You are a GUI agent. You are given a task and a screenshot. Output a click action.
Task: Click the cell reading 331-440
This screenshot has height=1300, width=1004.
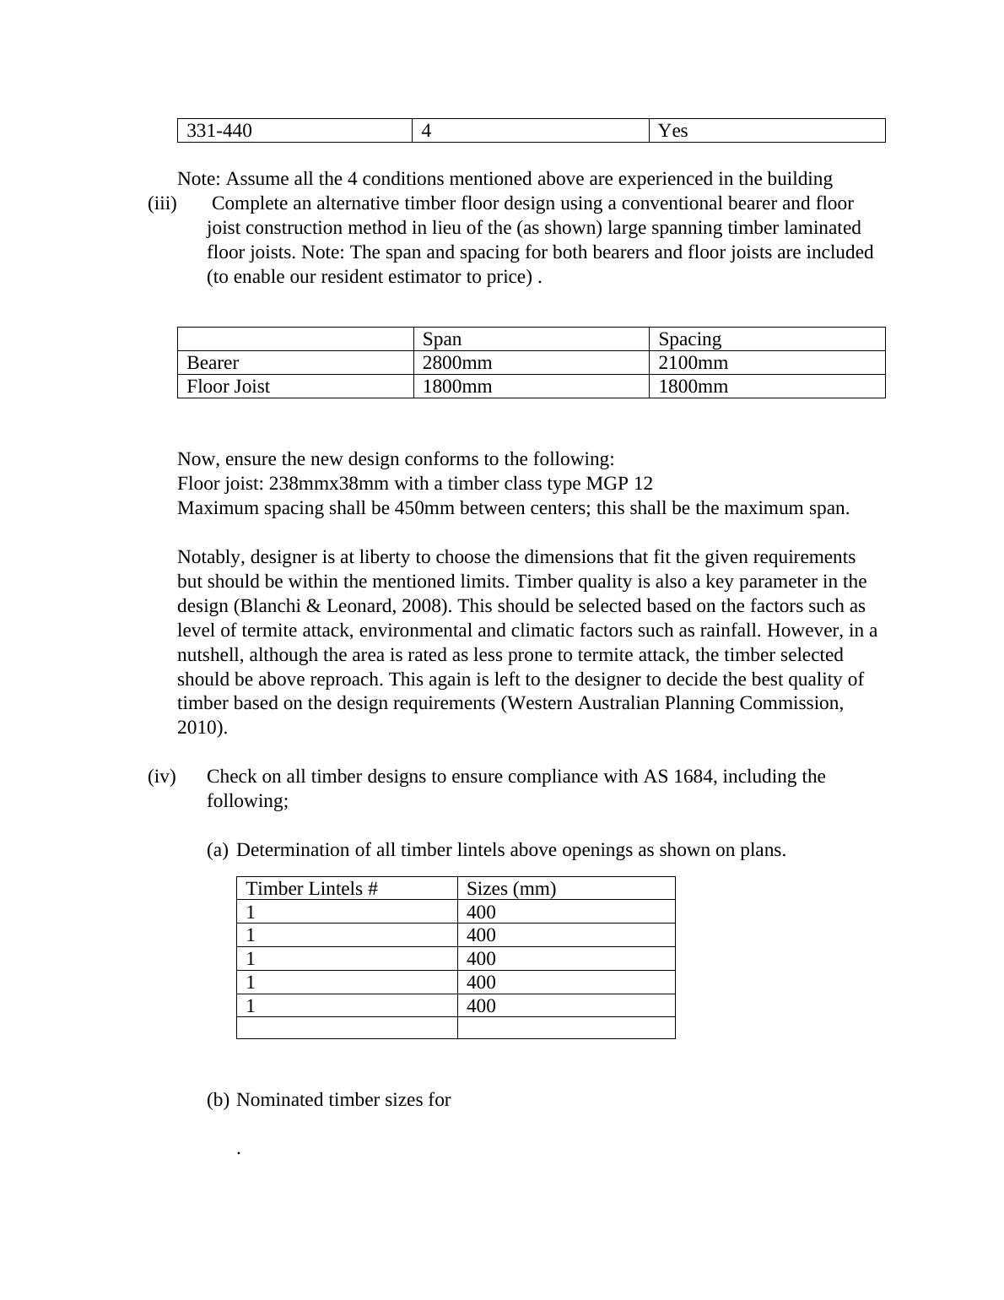[x=219, y=131]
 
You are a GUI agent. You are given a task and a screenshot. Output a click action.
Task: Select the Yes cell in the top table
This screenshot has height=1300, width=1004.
[x=673, y=131]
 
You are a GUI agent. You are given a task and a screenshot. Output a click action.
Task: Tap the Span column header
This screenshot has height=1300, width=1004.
[x=442, y=339]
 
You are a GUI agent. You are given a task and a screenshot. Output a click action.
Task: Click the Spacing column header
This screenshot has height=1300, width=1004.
[x=689, y=339]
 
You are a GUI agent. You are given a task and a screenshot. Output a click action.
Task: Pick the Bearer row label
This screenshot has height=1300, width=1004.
[x=213, y=363]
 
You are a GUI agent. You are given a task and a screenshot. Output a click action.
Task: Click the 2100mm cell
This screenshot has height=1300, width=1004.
[x=693, y=363]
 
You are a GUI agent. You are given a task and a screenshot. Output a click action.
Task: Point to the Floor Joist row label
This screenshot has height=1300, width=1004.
[x=228, y=387]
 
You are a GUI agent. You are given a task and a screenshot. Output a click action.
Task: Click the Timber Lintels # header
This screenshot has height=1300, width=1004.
[x=311, y=889]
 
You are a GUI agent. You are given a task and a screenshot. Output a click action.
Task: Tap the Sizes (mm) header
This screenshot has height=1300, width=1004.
[x=510, y=889]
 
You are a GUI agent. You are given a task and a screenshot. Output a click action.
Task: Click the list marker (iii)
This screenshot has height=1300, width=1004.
[x=162, y=203]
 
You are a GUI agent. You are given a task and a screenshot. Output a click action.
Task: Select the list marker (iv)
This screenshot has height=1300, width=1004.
[x=162, y=777]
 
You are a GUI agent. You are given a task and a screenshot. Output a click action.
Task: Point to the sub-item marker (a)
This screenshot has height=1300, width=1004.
[x=218, y=850]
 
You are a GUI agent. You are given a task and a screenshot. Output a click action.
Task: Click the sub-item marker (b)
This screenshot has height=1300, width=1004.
[x=218, y=1100]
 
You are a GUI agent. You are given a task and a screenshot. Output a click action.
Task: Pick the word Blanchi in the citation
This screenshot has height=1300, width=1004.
[x=268, y=606]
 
